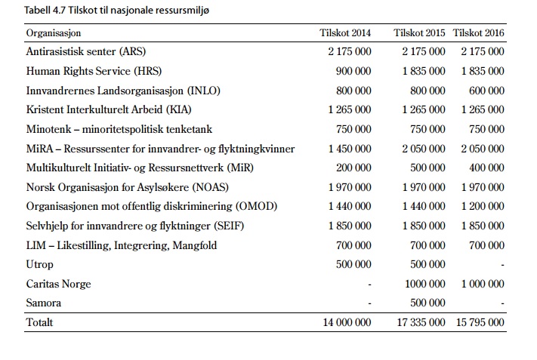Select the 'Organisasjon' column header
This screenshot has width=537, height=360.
pyautogui.click(x=54, y=33)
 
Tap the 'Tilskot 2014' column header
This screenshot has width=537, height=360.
pyautogui.click(x=345, y=33)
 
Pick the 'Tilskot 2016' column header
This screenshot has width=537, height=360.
pyautogui.click(x=478, y=33)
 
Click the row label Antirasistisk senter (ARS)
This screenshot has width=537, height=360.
pyautogui.click(x=86, y=51)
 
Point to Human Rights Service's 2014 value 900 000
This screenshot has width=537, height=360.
pyautogui.click(x=353, y=71)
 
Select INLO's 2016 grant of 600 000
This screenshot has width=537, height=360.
pyautogui.click(x=486, y=91)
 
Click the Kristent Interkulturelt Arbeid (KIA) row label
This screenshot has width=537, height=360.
pyautogui.click(x=109, y=110)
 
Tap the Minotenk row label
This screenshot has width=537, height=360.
pyautogui.click(x=119, y=129)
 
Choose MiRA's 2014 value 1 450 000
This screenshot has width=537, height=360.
pyautogui.click(x=350, y=149)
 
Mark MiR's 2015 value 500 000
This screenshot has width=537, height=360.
pyautogui.click(x=427, y=168)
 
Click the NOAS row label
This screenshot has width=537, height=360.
pyautogui.click(x=128, y=187)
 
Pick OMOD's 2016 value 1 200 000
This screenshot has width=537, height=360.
pyautogui.click(x=483, y=206)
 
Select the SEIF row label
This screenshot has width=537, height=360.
pyautogui.click(x=135, y=226)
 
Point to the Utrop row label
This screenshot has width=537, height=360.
pyautogui.click(x=40, y=265)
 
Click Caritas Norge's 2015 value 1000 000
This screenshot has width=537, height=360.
pyautogui.click(x=425, y=284)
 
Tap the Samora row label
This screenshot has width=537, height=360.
pyautogui.click(x=44, y=303)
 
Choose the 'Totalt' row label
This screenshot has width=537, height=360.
pyautogui.click(x=40, y=322)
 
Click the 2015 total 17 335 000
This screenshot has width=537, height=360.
pyautogui.click(x=421, y=322)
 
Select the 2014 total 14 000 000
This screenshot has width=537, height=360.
pyautogui.click(x=347, y=322)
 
